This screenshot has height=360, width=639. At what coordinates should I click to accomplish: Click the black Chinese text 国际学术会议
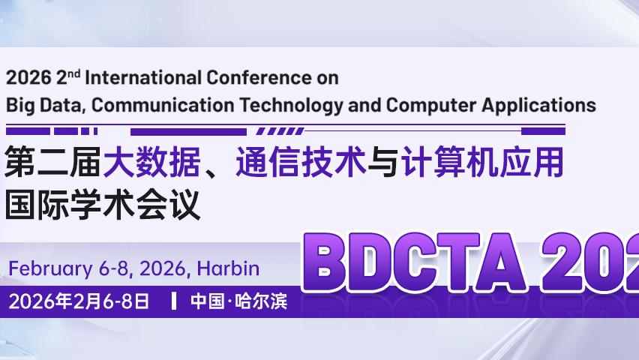point(103,205)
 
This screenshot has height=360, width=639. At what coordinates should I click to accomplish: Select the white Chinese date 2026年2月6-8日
point(79,302)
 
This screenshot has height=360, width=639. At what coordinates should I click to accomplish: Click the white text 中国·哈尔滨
point(238,302)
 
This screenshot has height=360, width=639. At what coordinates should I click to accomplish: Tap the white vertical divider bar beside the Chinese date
point(174,302)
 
